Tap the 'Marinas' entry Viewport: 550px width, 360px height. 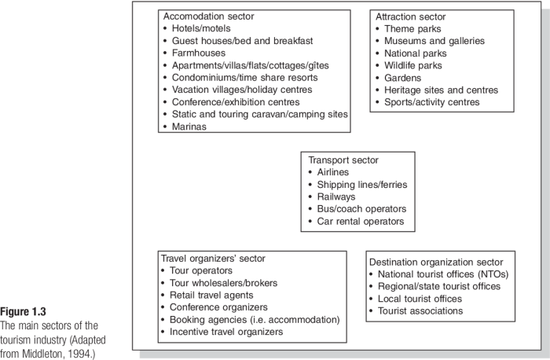tap(190, 127)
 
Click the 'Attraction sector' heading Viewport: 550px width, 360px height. tap(410, 17)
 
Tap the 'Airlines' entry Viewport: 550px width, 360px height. tap(333, 172)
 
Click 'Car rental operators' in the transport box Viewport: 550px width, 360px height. tap(361, 222)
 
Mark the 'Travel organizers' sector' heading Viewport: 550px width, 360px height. tap(213, 258)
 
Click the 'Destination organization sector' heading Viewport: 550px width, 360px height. tap(441, 262)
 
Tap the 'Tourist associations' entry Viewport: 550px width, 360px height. tap(420, 311)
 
